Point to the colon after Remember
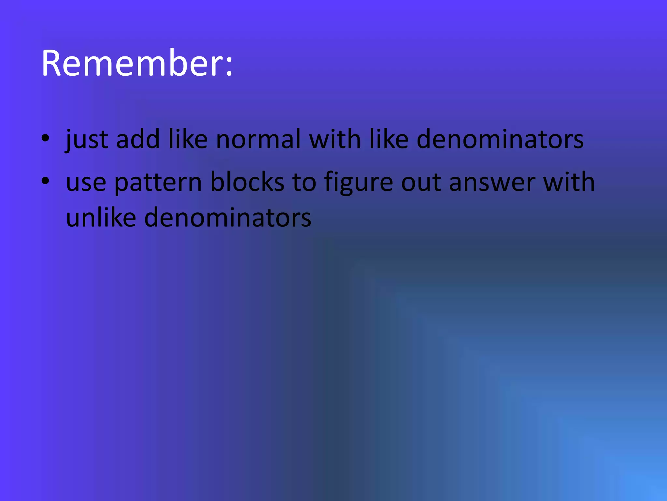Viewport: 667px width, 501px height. point(229,65)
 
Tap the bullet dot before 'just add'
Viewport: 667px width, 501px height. point(45,138)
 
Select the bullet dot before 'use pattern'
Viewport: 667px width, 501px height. point(45,180)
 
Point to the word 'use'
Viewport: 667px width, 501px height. point(86,182)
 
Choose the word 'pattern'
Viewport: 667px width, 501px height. point(158,182)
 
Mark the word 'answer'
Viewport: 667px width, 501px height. point(492,182)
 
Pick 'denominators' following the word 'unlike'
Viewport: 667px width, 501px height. point(227,218)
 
